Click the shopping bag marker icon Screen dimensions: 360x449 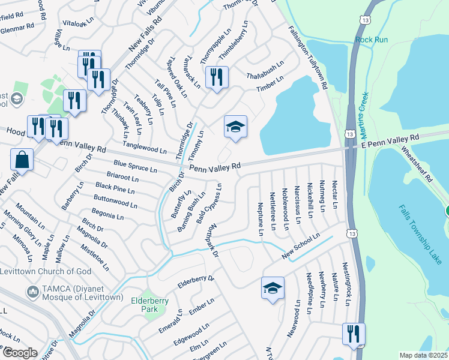[22, 160]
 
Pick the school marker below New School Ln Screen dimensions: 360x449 [273, 289]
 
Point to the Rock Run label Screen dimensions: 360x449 [372, 40]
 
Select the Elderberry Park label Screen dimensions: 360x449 [148, 304]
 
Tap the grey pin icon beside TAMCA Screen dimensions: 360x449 [31, 291]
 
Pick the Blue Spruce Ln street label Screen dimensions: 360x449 [135, 166]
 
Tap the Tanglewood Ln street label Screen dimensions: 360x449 [145, 148]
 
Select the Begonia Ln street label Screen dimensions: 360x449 [107, 215]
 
